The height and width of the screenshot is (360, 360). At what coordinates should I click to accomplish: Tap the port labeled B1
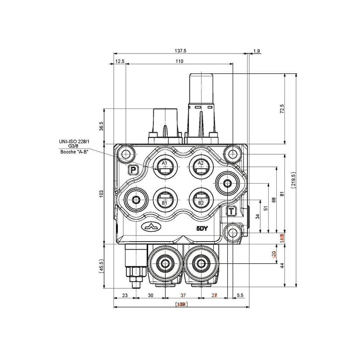[x=164, y=199]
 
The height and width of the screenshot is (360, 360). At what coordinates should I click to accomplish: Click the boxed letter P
[x=133, y=170]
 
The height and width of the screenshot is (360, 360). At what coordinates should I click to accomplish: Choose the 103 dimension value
[x=102, y=193]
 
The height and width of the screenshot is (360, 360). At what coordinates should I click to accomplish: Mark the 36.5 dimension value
[x=102, y=126]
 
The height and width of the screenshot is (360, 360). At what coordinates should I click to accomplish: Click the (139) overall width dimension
[x=180, y=305]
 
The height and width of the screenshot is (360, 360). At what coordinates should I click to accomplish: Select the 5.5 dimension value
[x=239, y=295]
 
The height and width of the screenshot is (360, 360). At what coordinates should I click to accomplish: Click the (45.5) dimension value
[x=102, y=266]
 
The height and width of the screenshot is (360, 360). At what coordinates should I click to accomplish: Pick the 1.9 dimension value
[x=256, y=51]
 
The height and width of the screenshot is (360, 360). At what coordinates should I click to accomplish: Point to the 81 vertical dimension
[x=282, y=194]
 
